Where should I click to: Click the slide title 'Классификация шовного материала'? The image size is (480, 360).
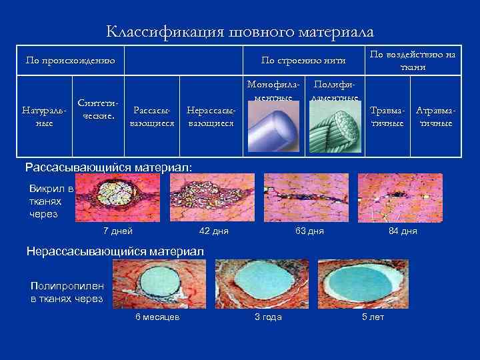click(240, 31)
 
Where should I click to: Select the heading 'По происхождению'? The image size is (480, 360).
click(70, 61)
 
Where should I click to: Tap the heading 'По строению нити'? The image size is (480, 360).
click(303, 61)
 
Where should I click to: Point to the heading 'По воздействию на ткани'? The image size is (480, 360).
click(413, 61)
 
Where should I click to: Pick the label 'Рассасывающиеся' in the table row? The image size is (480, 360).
click(152, 116)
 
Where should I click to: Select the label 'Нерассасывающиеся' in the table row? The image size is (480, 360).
click(210, 116)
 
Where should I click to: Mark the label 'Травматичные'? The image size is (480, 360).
click(387, 116)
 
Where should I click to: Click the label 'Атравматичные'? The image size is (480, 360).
click(434, 116)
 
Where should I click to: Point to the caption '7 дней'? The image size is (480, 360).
click(117, 231)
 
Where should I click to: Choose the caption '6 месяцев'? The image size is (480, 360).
click(157, 317)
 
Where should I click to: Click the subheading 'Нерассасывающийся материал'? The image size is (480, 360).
click(115, 251)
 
